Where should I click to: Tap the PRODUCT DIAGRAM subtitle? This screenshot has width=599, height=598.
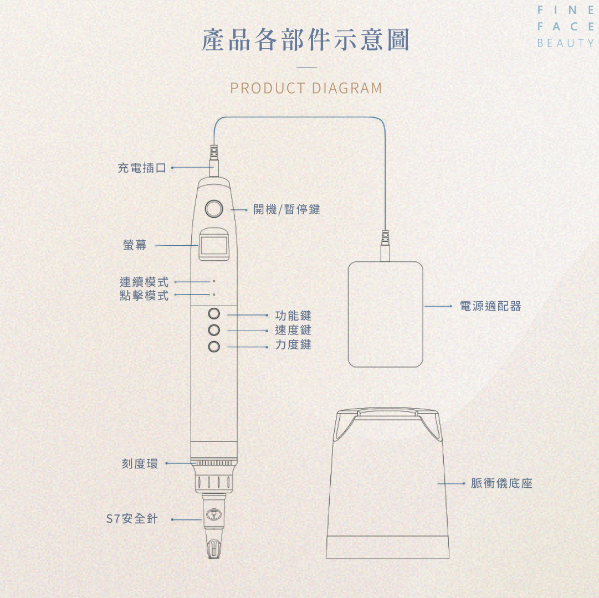click(306, 88)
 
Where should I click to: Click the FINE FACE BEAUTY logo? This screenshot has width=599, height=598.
click(565, 27)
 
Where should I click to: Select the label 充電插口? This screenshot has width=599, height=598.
click(142, 167)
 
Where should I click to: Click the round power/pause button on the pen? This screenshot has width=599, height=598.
click(214, 209)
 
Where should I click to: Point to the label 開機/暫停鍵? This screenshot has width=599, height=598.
click(286, 209)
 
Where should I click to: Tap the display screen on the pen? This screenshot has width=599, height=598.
click(213, 244)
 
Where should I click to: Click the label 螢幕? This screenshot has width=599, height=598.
click(135, 245)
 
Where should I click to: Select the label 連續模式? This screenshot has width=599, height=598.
click(144, 282)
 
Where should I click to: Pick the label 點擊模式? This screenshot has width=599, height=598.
click(144, 296)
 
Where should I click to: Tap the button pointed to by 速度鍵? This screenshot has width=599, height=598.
click(214, 331)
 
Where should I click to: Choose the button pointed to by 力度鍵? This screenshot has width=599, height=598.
click(214, 347)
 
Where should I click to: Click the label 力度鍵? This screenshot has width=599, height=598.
click(293, 345)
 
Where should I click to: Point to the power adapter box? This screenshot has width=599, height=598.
click(385, 314)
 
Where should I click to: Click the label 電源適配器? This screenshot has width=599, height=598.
click(490, 306)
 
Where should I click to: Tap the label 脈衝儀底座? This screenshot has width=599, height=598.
click(501, 483)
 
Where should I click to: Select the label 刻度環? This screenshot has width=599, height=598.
click(140, 464)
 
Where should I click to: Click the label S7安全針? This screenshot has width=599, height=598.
click(132, 519)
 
